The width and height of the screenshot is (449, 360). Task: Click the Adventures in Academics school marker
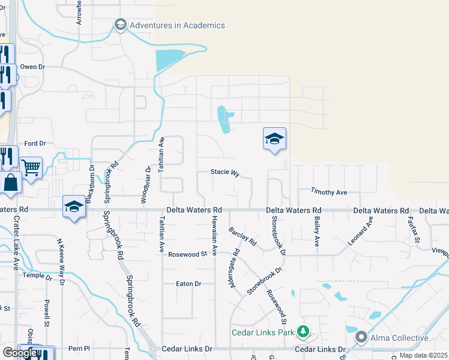120,25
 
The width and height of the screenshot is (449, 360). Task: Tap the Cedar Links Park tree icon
303,332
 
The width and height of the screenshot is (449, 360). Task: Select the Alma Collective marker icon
361,338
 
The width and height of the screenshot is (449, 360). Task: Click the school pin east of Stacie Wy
274,139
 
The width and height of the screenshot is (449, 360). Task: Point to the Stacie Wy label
225,172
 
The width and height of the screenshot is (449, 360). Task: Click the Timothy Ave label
329,192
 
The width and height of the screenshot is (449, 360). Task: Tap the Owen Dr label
32,67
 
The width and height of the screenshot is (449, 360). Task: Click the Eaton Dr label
188,283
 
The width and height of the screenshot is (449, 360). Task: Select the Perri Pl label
79,348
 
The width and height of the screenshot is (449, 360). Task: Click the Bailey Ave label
316,232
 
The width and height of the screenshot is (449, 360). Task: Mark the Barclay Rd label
243,236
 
